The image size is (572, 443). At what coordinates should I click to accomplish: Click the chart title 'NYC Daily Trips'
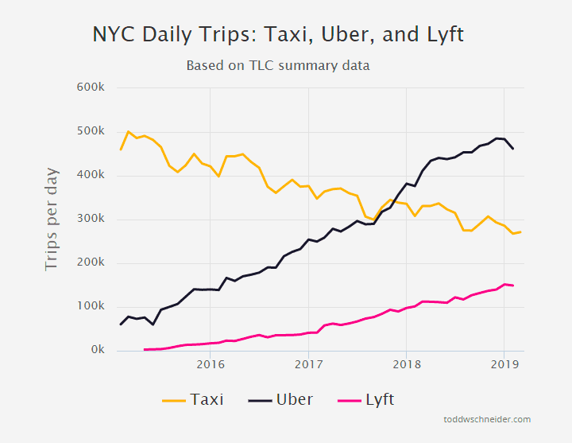278,34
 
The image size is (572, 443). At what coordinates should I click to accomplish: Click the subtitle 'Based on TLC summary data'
278,65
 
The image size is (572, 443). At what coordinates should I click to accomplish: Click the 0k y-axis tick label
97,350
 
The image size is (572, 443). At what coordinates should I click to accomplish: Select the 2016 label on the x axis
210,365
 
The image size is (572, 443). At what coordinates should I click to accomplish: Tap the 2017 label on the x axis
308,365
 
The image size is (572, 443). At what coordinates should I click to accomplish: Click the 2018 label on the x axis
406,365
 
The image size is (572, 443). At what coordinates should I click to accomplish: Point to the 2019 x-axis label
504,365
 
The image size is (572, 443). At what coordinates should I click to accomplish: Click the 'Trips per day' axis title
52,219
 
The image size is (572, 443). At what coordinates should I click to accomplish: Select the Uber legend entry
281,399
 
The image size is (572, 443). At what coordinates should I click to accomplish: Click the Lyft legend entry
366,399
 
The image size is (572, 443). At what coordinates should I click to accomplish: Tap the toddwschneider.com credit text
487,419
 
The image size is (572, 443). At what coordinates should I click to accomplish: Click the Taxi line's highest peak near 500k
129,132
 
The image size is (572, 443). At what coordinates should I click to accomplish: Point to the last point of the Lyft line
512,286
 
